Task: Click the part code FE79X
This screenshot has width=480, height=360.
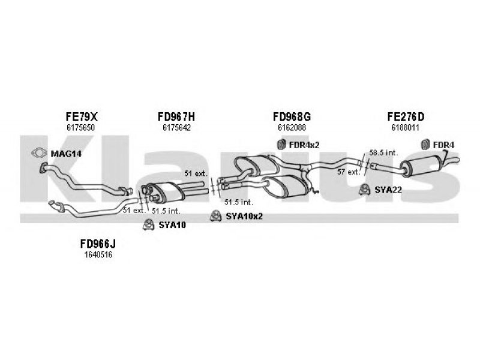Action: point(82,116)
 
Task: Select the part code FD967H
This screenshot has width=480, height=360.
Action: point(176,116)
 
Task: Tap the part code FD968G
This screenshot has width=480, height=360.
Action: point(292,116)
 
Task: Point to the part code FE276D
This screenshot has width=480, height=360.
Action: point(406,116)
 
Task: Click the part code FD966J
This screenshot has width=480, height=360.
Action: point(98,244)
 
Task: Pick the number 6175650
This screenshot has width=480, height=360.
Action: point(81,128)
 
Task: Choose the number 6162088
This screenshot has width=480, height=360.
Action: point(292,128)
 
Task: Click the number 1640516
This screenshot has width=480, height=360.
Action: point(98,254)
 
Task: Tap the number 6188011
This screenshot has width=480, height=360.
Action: point(405,128)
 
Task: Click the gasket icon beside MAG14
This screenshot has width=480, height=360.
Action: point(39,153)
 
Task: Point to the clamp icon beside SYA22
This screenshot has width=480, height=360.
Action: point(364,190)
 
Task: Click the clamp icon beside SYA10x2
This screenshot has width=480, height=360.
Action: point(216,216)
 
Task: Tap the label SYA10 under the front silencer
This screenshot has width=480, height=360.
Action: point(172,226)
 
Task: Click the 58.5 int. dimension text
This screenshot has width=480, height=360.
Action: point(383,152)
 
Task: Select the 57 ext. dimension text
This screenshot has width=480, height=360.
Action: point(349,172)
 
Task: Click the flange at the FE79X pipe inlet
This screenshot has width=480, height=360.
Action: point(43,168)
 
